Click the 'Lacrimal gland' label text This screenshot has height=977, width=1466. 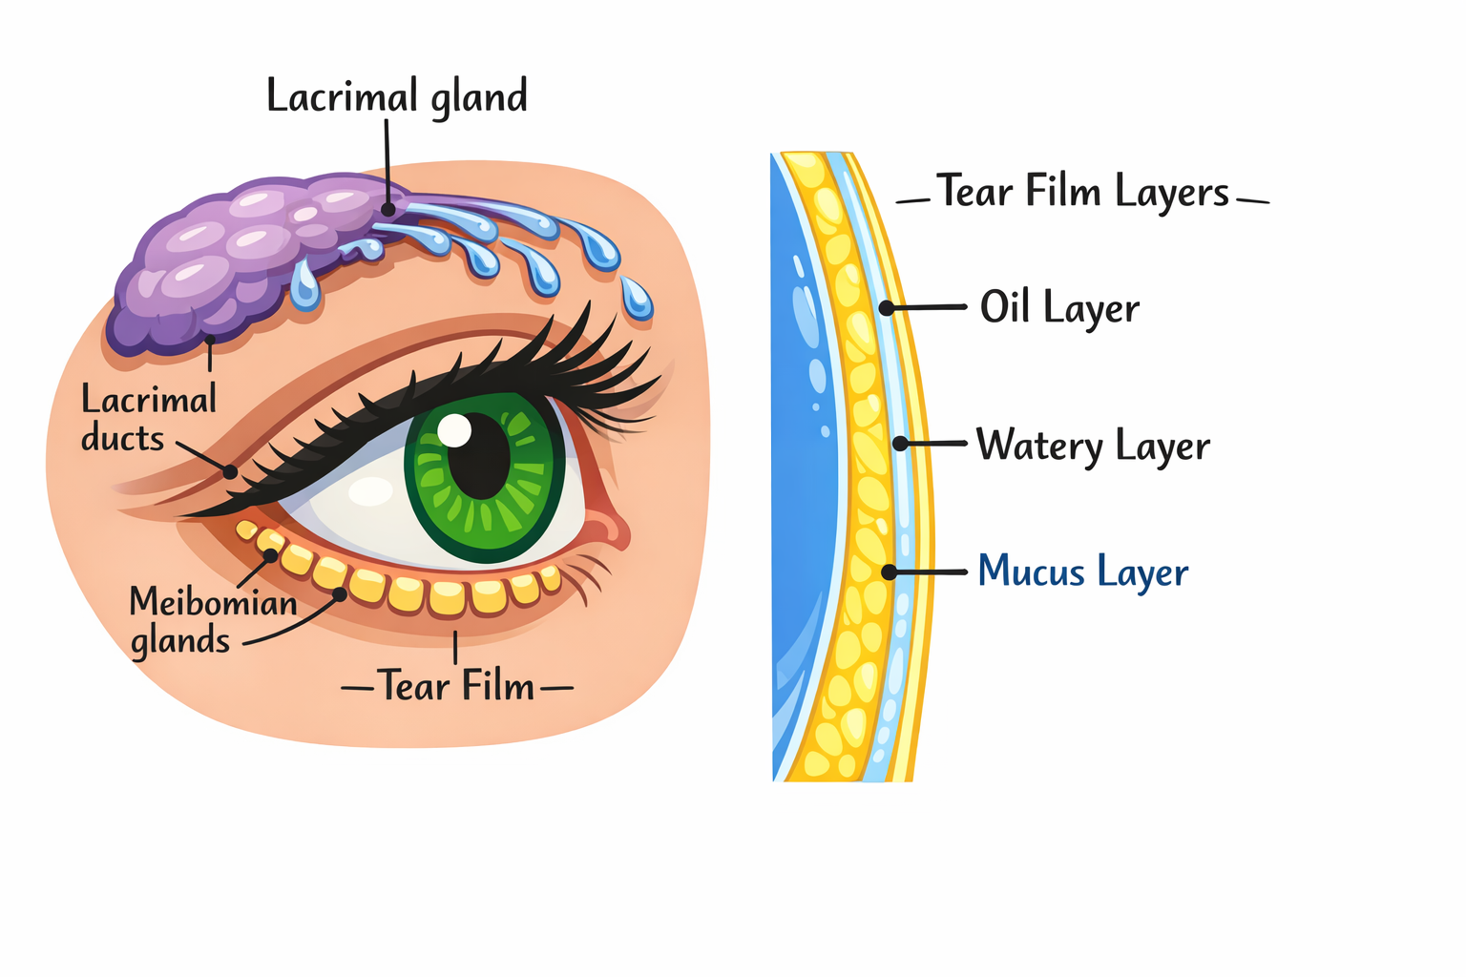[396, 97]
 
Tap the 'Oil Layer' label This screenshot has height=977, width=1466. [1059, 308]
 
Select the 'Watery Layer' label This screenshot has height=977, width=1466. [1093, 446]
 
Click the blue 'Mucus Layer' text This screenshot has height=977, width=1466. [1083, 572]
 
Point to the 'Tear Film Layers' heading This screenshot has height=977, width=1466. [1082, 192]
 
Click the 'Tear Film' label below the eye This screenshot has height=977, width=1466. [456, 686]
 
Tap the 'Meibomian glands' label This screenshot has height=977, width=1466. [212, 621]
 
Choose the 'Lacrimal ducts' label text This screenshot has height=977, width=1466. [148, 418]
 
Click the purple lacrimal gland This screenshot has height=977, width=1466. [220, 258]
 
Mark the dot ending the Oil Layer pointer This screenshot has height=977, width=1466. [887, 308]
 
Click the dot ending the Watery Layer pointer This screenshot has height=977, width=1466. [900, 444]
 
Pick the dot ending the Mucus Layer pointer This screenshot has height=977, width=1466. [889, 572]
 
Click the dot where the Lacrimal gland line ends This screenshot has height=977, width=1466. [387, 209]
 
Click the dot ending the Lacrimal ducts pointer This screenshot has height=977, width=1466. [230, 471]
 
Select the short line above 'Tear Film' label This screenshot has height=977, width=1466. [455, 647]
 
